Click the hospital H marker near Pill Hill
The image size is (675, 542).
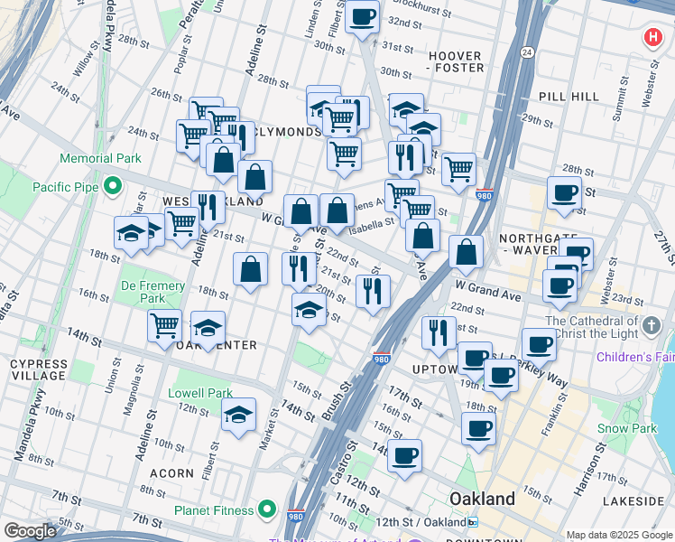[652, 39]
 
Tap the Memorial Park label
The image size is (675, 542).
[100, 158]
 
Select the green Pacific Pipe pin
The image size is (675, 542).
[112, 187]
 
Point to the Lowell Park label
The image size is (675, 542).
[200, 393]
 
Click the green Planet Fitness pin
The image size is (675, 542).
[267, 510]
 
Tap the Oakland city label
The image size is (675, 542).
[483, 499]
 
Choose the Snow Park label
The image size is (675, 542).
[624, 428]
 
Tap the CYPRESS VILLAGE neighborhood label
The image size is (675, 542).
[37, 369]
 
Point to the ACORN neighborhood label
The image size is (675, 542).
[171, 472]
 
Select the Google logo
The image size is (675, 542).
[30, 531]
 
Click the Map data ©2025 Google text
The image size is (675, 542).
[619, 535]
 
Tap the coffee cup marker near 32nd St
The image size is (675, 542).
[363, 17]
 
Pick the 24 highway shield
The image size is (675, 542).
[526, 51]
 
